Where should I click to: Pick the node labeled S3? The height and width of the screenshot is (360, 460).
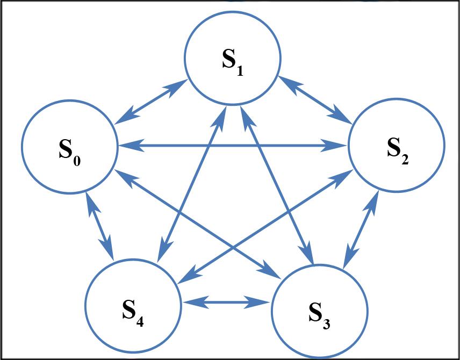tap(320, 310)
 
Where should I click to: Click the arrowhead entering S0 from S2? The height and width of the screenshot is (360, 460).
tap(126, 145)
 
